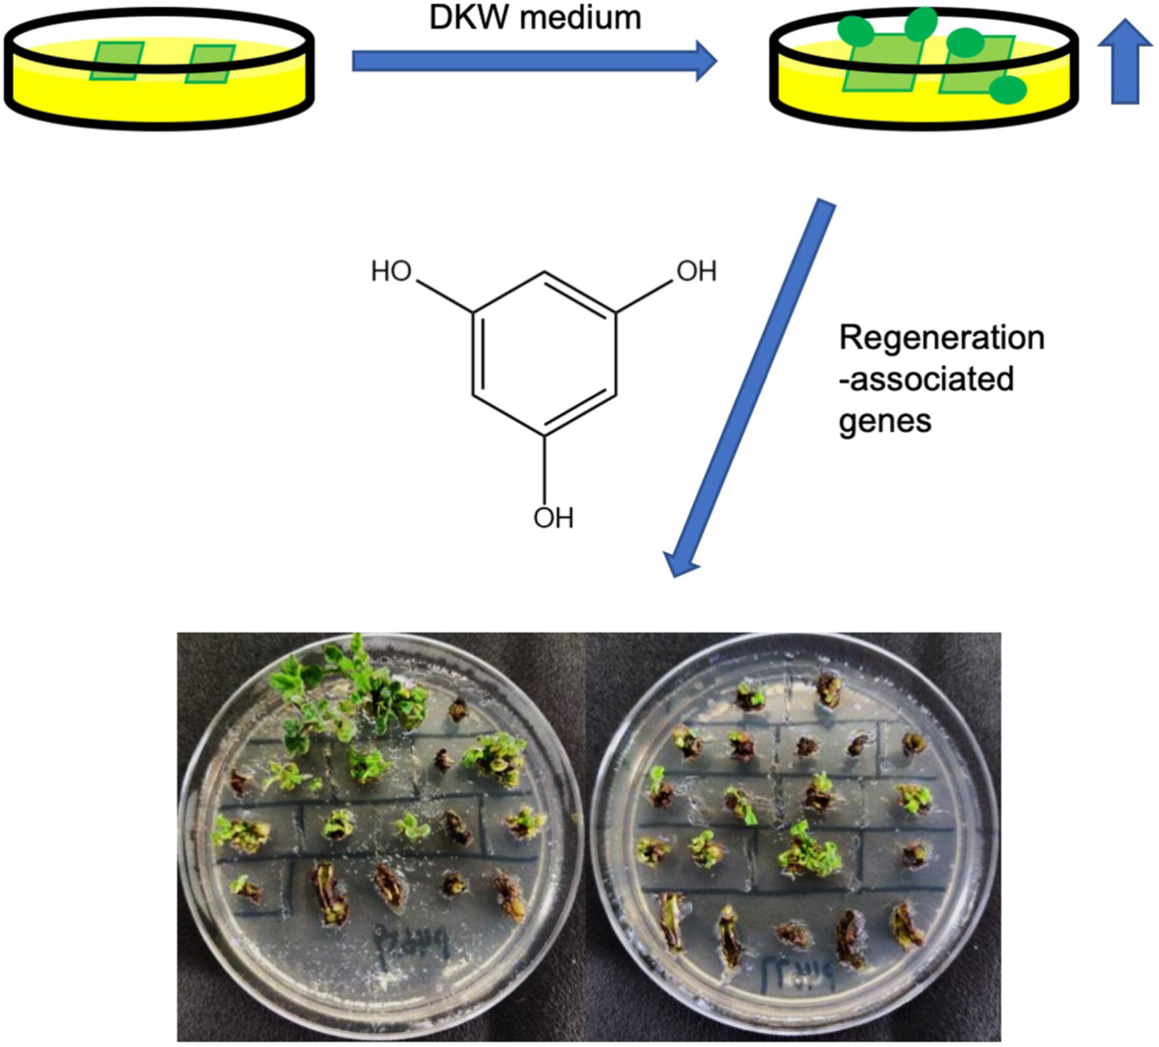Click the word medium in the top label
[x=579, y=18]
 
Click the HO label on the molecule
[x=391, y=272]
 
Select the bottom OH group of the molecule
[x=553, y=518]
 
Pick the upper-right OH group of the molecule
[x=696, y=272]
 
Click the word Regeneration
[x=941, y=338]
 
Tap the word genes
[x=885, y=421]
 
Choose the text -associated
[x=926, y=379]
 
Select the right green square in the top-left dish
[x=210, y=64]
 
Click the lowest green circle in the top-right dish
[x=1007, y=89]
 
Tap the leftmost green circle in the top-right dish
[x=855, y=31]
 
